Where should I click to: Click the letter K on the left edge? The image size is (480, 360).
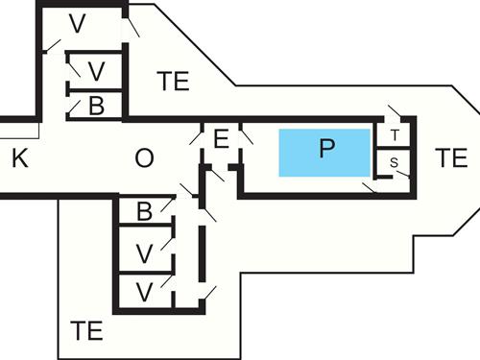(20, 159)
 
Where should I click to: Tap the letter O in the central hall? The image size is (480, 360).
(144, 159)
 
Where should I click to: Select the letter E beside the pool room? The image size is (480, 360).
(221, 140)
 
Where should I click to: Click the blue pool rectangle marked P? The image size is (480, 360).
(325, 151)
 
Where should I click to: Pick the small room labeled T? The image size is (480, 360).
(395, 134)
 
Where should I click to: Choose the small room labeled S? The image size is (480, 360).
(395, 164)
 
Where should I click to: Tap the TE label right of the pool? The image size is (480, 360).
(450, 158)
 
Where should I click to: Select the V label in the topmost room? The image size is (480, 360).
(78, 24)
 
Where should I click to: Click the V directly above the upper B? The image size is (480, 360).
(96, 71)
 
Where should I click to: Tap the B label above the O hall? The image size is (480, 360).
(96, 106)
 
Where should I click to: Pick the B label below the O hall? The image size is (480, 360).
(144, 212)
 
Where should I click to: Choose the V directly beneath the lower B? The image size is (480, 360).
(144, 253)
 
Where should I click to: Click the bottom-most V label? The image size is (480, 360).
(144, 291)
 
